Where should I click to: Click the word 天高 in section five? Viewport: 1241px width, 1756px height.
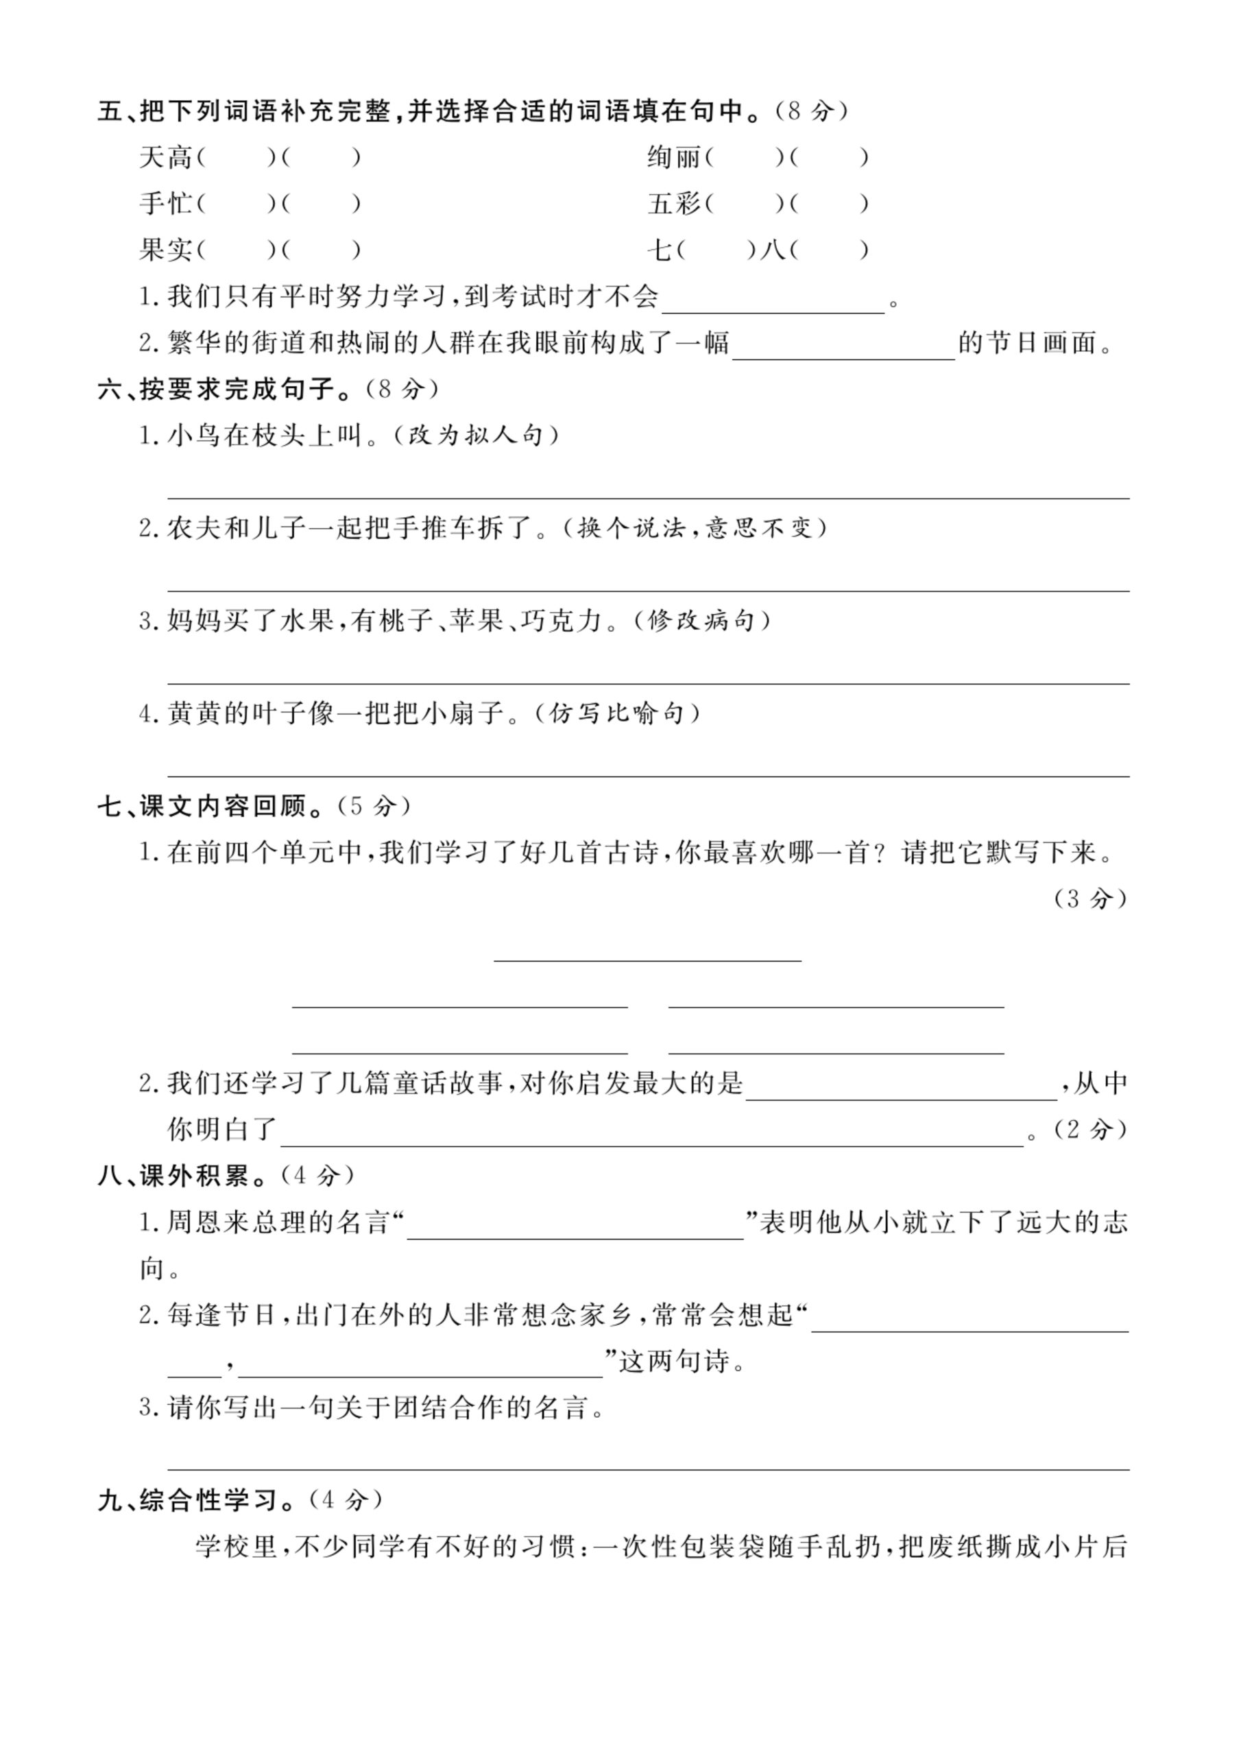pos(165,158)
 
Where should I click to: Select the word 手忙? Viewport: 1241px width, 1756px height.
pos(165,204)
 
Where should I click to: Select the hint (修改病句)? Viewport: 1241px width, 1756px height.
pos(701,620)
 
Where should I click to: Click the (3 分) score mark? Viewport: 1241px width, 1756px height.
pos(1089,899)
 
